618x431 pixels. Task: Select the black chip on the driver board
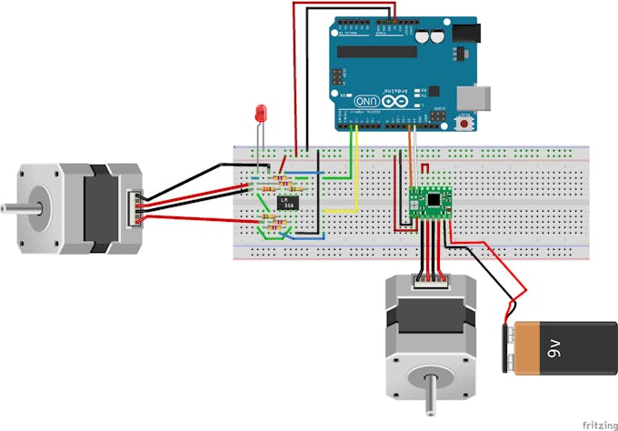pos(434,199)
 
